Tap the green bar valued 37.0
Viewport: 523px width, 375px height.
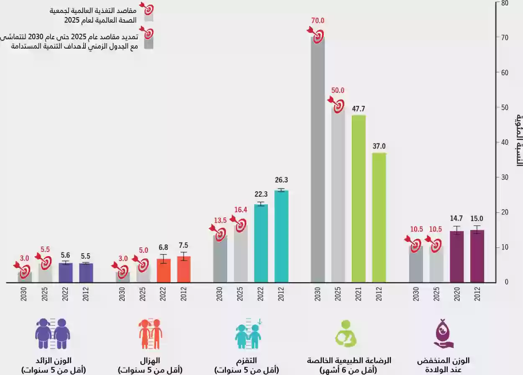pyautogui.click(x=379, y=218)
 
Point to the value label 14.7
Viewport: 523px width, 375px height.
pyautogui.click(x=456, y=218)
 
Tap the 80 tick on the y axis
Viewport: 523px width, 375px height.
pyautogui.click(x=505, y=3)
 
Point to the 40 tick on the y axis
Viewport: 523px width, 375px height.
pyautogui.click(x=505, y=143)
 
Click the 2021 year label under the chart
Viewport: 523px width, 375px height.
pyautogui.click(x=359, y=296)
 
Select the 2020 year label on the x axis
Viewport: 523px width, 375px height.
pyautogui.click(x=456, y=296)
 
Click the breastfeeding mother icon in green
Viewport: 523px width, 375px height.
pyautogui.click(x=345, y=333)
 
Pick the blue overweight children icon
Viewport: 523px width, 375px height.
pyautogui.click(x=53, y=334)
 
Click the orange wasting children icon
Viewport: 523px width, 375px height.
pyautogui.click(x=151, y=334)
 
